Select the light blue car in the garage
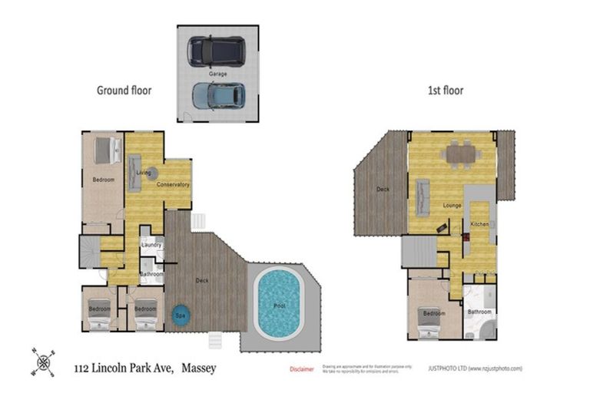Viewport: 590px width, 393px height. pos(217,94)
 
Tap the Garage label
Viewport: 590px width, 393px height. pos(217,73)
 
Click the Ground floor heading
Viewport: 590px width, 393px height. pos(124,91)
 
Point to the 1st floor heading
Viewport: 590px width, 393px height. pos(446,91)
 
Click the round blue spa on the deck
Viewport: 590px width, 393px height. pos(181,314)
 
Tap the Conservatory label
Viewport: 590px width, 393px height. pos(173,185)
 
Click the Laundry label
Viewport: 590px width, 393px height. pos(151,246)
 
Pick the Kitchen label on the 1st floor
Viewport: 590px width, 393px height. pos(479,223)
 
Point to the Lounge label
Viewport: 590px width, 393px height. pos(452,206)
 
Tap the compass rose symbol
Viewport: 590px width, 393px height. pos(43,362)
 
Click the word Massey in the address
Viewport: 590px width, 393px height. pos(205,368)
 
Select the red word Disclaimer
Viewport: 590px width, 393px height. pos(302,369)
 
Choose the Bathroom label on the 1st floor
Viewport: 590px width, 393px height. pos(479,312)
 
